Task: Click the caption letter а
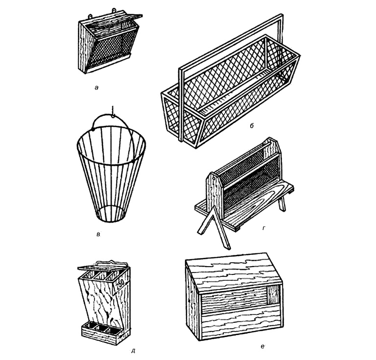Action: click(96, 88)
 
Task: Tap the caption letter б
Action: click(252, 126)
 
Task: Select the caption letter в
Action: click(98, 234)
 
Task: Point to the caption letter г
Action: click(264, 228)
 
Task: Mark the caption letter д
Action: click(133, 351)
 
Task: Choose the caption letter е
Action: click(262, 346)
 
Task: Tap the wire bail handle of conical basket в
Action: click(113, 117)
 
